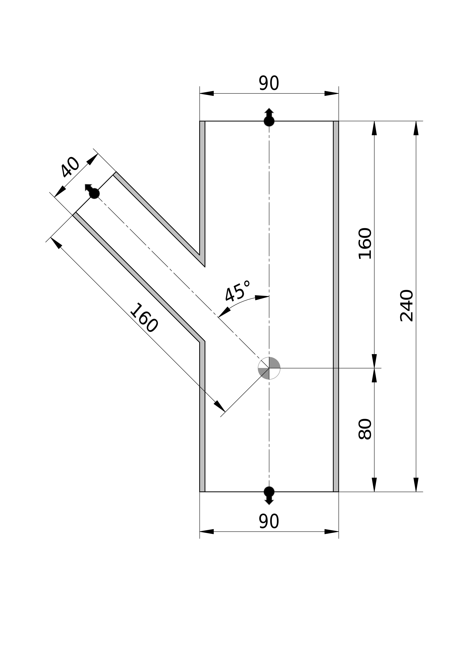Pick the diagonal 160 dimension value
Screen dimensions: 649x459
[x=144, y=318]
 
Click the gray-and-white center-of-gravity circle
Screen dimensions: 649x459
[x=269, y=368]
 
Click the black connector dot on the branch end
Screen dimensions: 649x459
[x=94, y=194]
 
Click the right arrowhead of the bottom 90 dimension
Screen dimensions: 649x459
[x=331, y=531]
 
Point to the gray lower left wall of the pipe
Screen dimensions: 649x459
[x=202, y=424]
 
